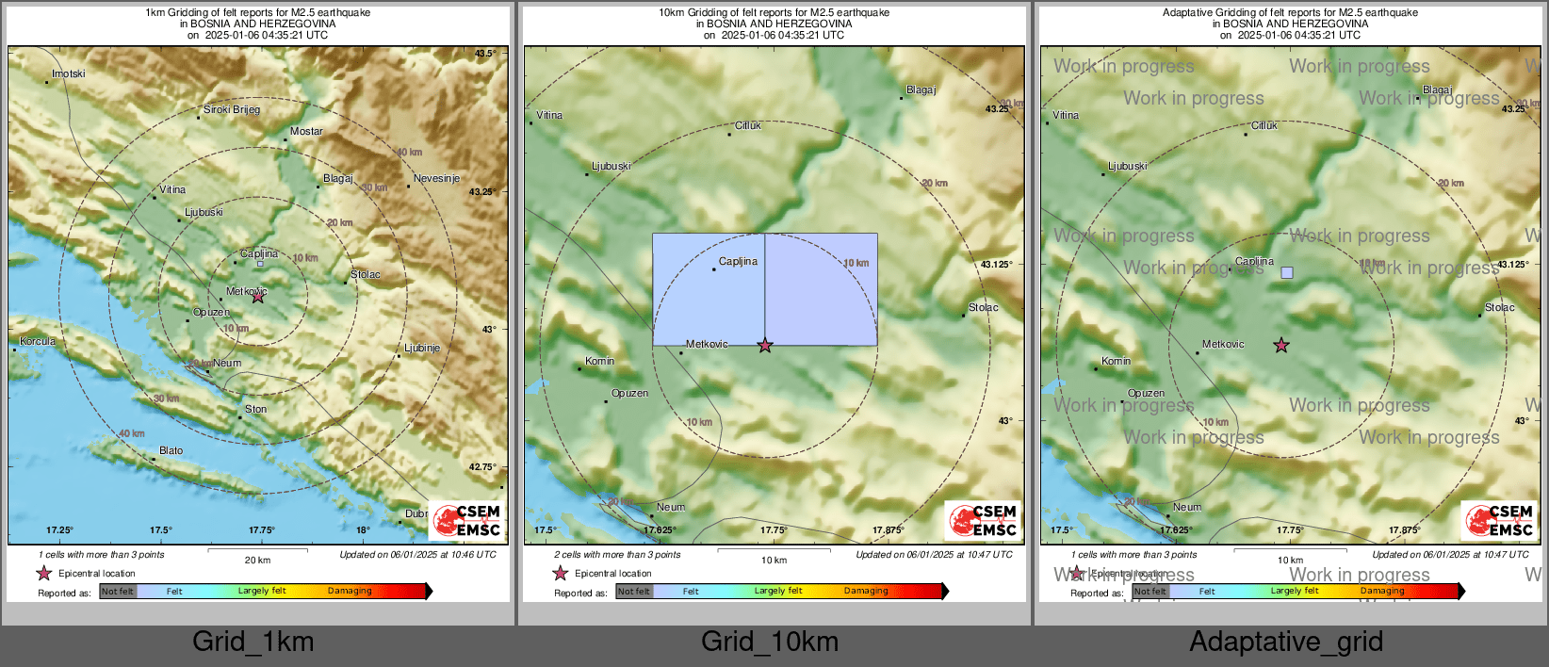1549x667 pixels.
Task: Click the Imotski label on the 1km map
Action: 68,73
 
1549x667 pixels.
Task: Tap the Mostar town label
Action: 306,132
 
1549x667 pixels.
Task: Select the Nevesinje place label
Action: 436,178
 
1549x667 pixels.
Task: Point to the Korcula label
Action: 38,341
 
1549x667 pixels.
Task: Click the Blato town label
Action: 171,450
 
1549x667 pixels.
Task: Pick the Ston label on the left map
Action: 255,409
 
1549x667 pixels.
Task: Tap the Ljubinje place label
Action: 422,348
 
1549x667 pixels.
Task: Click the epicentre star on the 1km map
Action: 258,296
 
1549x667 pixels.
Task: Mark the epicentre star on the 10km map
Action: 765,346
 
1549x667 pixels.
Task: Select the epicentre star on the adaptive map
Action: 1281,346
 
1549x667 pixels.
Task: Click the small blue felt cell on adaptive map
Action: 1287,272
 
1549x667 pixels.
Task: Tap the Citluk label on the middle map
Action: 748,125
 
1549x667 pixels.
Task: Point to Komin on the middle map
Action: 599,361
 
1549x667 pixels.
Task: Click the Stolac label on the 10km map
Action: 983,307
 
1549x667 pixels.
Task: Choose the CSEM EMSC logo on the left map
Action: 467,520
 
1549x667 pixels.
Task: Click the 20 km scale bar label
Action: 257,560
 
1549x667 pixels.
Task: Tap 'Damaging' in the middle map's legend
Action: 866,591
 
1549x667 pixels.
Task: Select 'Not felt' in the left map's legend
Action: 118,591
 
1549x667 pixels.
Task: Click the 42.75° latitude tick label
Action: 482,466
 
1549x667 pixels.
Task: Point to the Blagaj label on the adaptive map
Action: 1437,89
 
